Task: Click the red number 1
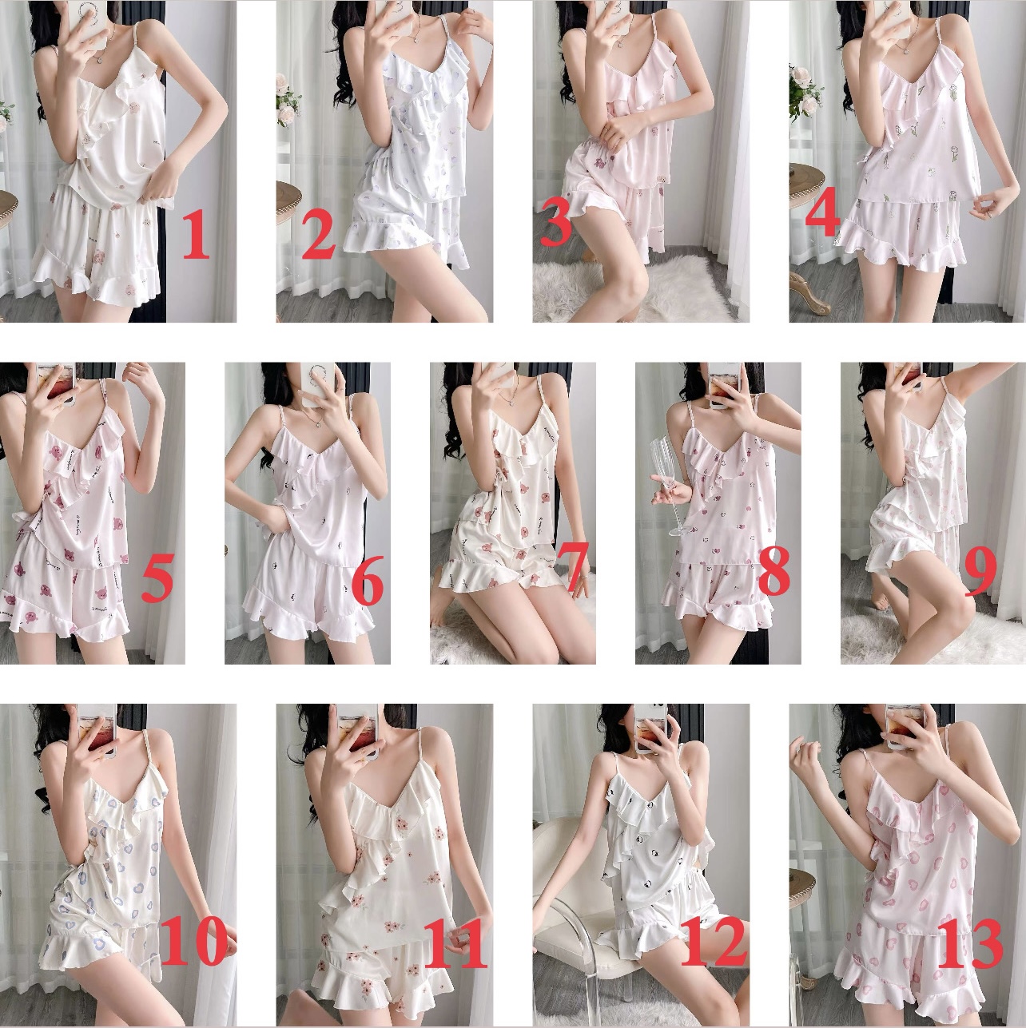tap(196, 234)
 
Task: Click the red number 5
tap(157, 577)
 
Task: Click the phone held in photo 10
tap(96, 729)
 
